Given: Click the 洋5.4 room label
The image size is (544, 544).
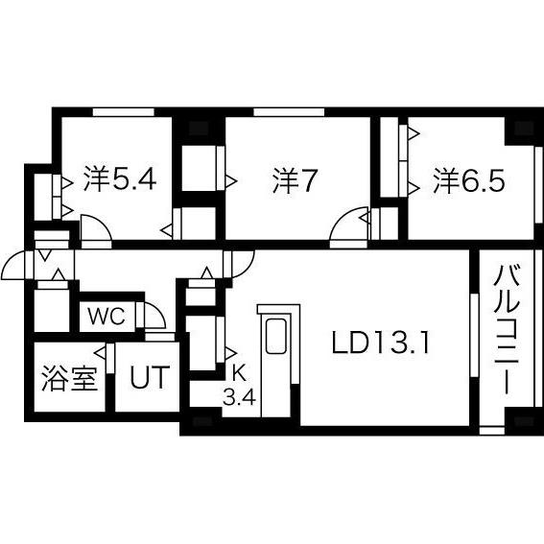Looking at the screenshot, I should [118, 179].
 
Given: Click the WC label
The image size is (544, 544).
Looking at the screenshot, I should [106, 318].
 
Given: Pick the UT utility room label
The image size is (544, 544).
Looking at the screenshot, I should [149, 378].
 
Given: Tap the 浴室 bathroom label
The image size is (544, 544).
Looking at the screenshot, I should [69, 378].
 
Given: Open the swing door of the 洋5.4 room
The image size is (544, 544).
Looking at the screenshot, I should [96, 229].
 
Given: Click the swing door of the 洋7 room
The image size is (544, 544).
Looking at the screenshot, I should [345, 229].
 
